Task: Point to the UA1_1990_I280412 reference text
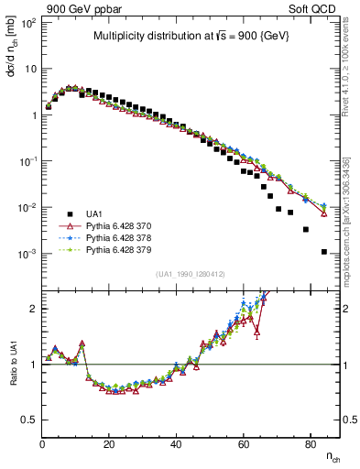[x=191, y=274]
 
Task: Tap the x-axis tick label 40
[x=176, y=444]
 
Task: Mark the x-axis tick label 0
[x=42, y=444]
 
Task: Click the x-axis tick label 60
[x=243, y=444]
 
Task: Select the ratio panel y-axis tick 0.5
[x=29, y=420]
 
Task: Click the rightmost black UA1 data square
[x=324, y=252]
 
